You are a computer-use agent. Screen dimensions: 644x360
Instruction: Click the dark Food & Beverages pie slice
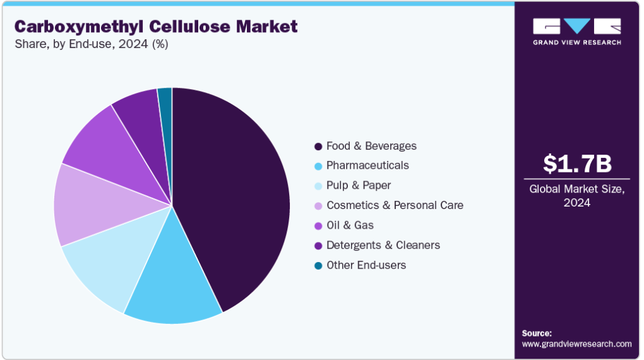tap(230, 197)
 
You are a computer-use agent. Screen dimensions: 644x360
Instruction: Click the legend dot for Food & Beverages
tap(318, 147)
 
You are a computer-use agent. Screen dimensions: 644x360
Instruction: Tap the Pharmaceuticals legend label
tap(367, 165)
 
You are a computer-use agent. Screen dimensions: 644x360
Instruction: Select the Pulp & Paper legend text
tap(359, 185)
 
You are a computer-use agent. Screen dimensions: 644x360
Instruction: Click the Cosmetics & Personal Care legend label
tap(395, 205)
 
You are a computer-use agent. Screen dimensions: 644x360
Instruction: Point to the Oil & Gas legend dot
tap(318, 226)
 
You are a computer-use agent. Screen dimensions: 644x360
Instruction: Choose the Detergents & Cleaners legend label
tap(383, 245)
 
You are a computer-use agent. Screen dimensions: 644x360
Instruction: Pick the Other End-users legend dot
tap(318, 266)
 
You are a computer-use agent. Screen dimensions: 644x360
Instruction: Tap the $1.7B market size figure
tap(577, 164)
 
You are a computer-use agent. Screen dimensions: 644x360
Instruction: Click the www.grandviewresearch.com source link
tap(576, 344)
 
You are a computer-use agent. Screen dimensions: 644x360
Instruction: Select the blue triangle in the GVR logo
tap(577, 25)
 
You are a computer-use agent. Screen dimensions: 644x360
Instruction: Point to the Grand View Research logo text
tap(577, 42)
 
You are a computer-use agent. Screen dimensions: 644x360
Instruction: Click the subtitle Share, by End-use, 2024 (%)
tap(92, 44)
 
